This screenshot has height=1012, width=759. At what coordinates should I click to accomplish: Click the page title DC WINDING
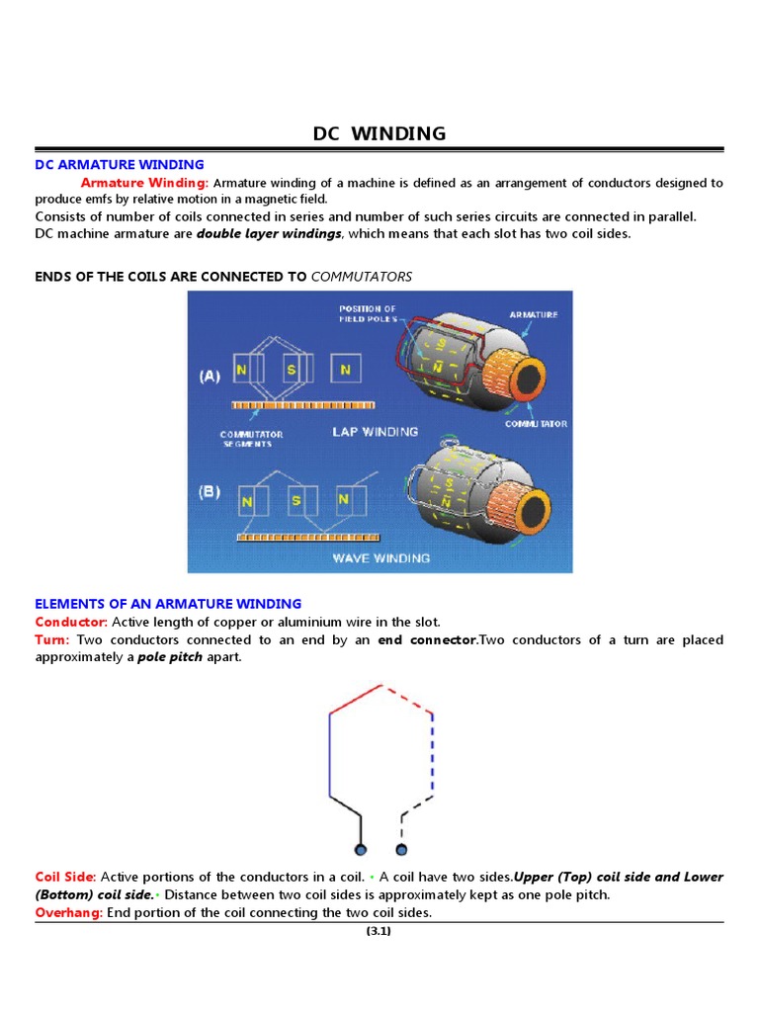pyautogui.click(x=379, y=133)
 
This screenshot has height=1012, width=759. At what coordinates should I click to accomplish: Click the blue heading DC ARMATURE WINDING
pyautogui.click(x=120, y=165)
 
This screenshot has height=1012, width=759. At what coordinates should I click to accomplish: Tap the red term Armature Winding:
pyautogui.click(x=144, y=183)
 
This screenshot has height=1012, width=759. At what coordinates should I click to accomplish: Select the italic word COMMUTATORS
pyautogui.click(x=361, y=277)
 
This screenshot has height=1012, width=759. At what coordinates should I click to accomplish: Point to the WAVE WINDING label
pyautogui.click(x=382, y=558)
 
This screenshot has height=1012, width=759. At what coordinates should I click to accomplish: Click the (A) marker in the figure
pyautogui.click(x=209, y=377)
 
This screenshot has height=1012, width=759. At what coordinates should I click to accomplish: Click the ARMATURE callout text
pyautogui.click(x=534, y=314)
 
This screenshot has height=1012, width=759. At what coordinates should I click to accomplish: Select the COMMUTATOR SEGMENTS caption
pyautogui.click(x=251, y=439)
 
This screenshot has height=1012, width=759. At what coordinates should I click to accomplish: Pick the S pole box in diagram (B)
pyautogui.click(x=295, y=500)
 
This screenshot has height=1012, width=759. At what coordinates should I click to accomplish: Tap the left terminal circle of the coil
pyautogui.click(x=361, y=850)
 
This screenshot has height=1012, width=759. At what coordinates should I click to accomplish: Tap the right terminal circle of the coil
pyautogui.click(x=401, y=850)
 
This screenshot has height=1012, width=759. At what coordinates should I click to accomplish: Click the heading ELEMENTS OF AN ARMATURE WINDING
pyautogui.click(x=168, y=604)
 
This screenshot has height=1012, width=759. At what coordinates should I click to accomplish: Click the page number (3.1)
pyautogui.click(x=379, y=931)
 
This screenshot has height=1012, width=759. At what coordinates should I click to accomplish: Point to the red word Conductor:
pyautogui.click(x=71, y=623)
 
